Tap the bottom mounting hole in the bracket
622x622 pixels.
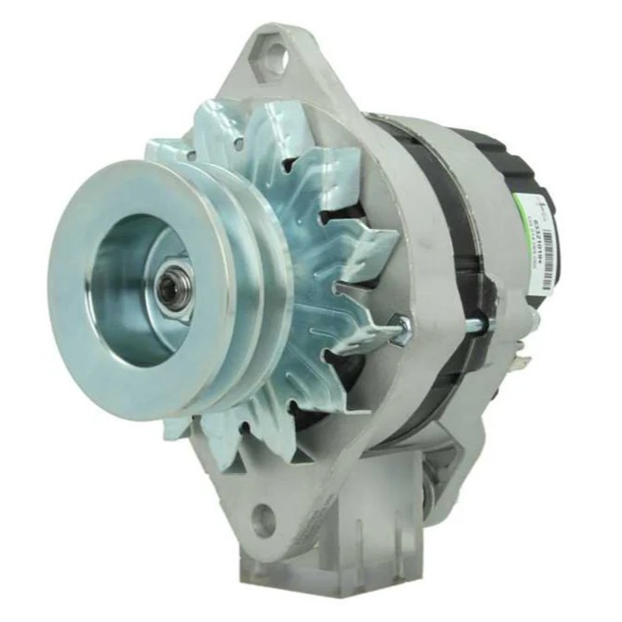click(263, 520)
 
